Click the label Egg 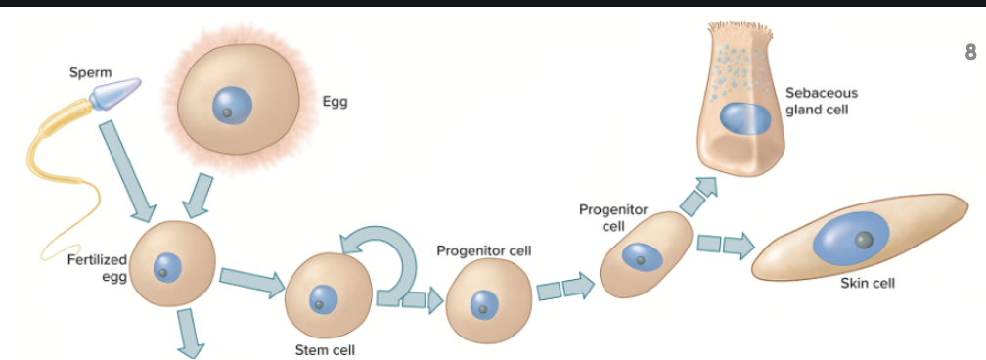coord(335,101)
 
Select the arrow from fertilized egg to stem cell coord(251,281)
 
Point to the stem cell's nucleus coord(322,299)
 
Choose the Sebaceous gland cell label coord(821,101)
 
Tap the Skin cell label coord(867,284)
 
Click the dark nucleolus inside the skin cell coord(864,240)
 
